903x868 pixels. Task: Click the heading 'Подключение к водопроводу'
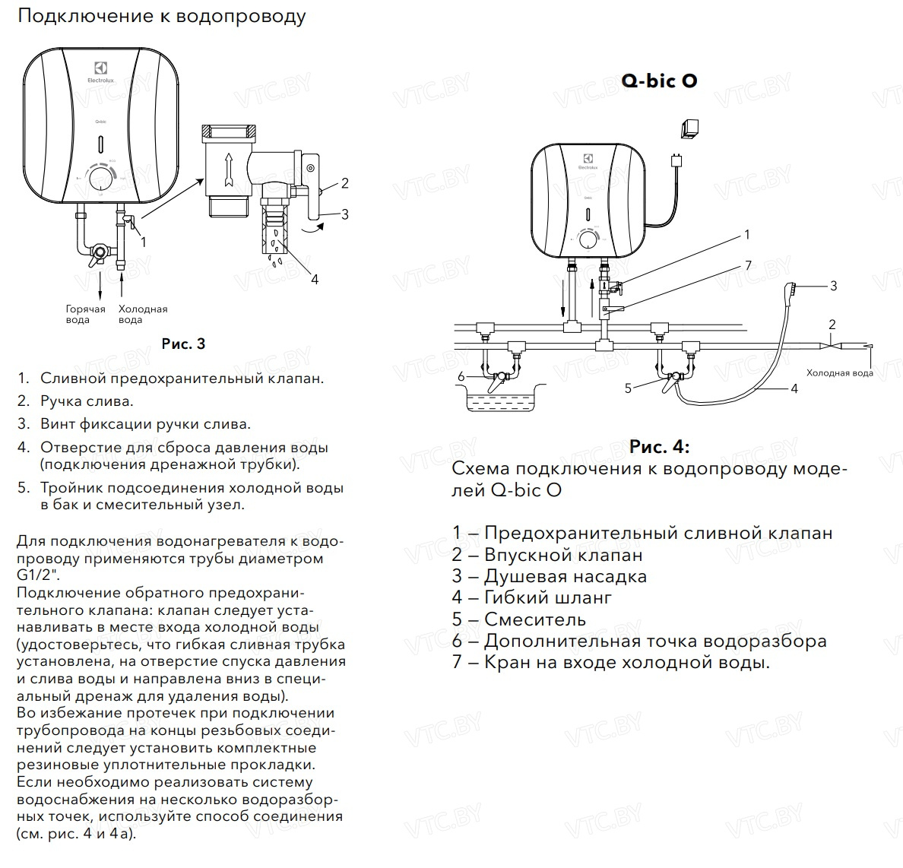pos(160,16)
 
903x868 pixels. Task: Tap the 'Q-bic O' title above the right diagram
pos(658,81)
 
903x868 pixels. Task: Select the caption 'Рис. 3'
pos(183,344)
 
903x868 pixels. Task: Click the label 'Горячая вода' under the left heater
pos(85,314)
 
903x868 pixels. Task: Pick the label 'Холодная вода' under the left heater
pos(142,314)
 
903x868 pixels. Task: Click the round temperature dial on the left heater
pos(100,179)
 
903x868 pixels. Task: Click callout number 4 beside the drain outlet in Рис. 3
pos(314,279)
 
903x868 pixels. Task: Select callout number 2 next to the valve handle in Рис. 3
pos(344,182)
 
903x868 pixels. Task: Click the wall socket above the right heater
pos(690,128)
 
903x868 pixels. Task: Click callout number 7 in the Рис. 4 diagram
pos(748,265)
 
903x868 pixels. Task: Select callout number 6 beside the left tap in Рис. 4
pos(461,376)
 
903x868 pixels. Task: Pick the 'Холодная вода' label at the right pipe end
pos(839,373)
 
